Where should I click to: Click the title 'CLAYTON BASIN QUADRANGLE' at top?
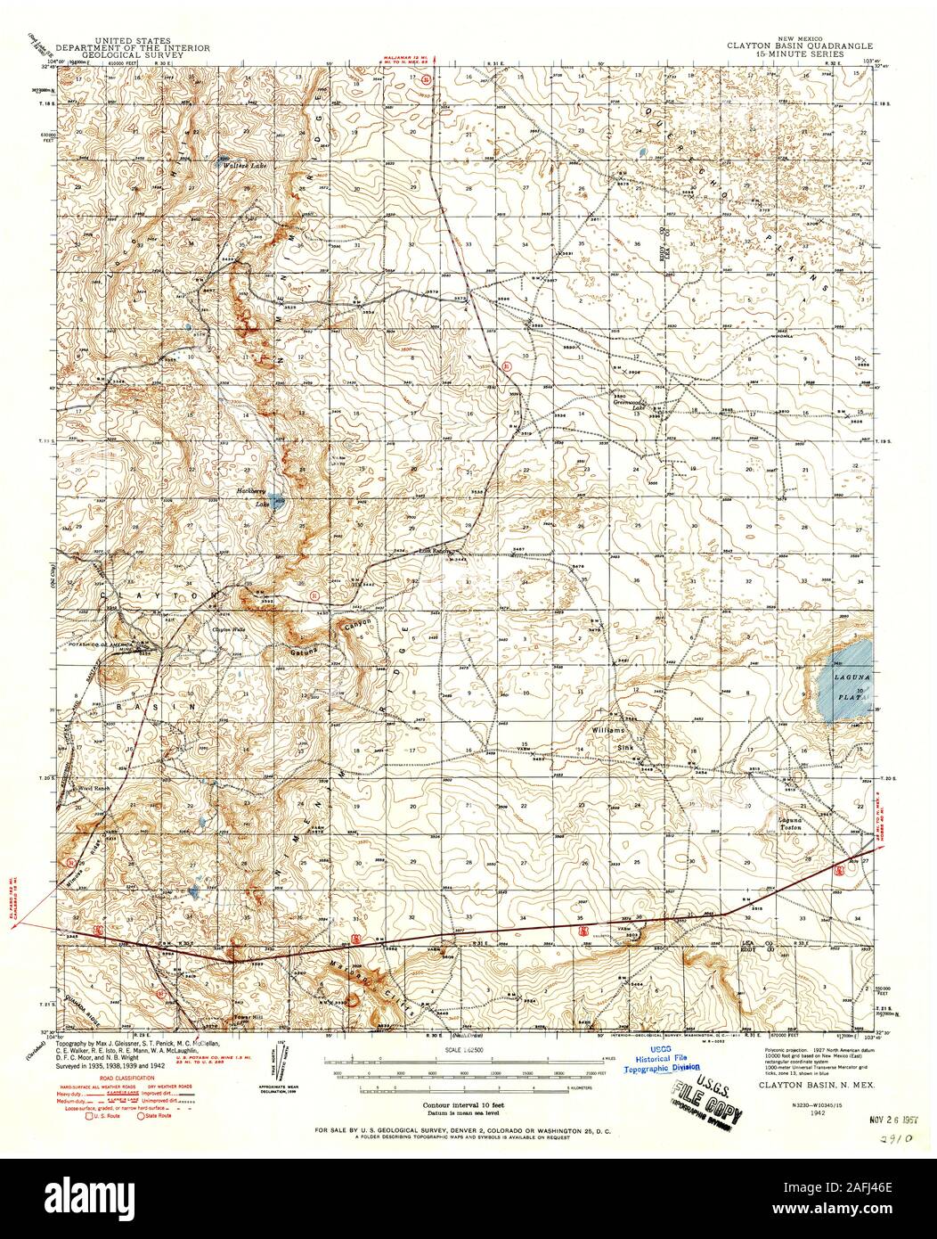tap(799, 43)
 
